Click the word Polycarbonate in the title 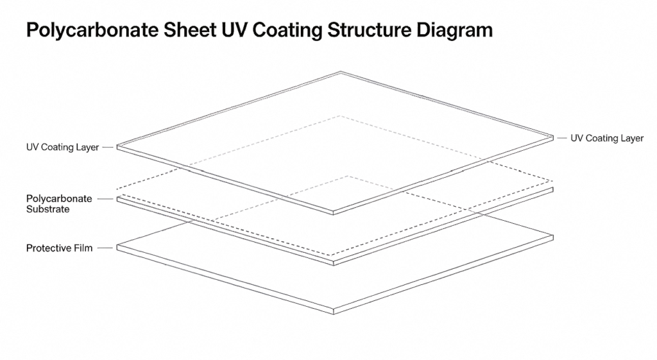92,31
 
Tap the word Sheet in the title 190,30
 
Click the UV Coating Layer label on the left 62,147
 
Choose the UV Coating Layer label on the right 607,139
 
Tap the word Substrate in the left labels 47,209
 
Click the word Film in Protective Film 83,248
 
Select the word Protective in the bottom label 49,248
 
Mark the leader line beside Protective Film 105,248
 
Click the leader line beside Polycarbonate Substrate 105,199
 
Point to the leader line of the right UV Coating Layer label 561,138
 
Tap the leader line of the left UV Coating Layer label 108,148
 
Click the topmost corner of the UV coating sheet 340,72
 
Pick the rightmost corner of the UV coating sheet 553,137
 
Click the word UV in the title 235,30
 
